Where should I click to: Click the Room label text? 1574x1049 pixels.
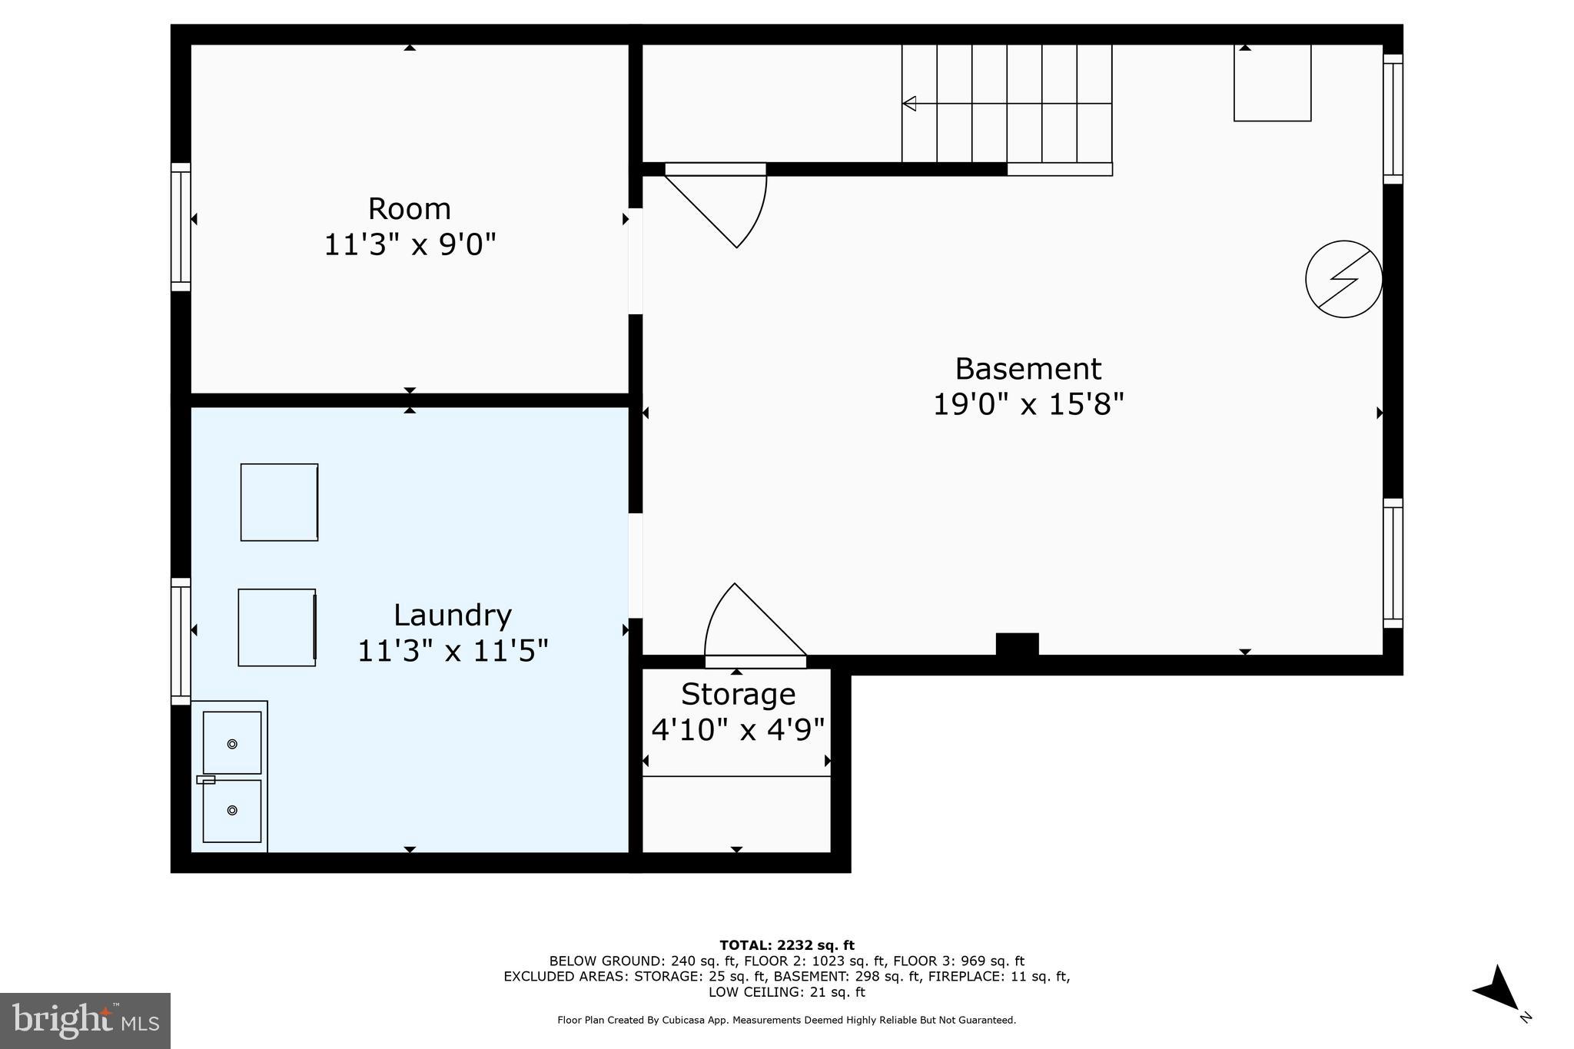coord(409,209)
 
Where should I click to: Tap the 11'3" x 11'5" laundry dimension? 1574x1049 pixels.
coord(453,651)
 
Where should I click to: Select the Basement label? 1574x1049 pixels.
coord(1028,369)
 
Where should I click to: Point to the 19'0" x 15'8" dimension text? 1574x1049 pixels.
coord(1028,404)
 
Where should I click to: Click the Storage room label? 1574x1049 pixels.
coord(738,694)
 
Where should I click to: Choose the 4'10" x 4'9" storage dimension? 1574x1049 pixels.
coord(738,729)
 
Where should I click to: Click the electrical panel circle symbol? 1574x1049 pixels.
coord(1343,279)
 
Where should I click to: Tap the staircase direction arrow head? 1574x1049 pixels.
coord(909,103)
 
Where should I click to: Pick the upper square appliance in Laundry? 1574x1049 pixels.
coord(279,502)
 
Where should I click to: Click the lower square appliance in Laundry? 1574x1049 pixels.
coord(277,627)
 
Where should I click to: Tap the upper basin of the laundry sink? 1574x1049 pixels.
coord(232,742)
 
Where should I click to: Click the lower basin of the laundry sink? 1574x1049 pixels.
coord(232,811)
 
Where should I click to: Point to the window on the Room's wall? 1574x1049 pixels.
coord(181,227)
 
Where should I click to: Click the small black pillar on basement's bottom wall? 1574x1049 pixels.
coord(1017,644)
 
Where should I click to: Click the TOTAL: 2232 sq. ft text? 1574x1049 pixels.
coord(786,945)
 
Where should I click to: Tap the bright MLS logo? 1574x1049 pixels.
coord(85,1021)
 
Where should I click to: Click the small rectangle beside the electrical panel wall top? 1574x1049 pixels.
coord(1272,82)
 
